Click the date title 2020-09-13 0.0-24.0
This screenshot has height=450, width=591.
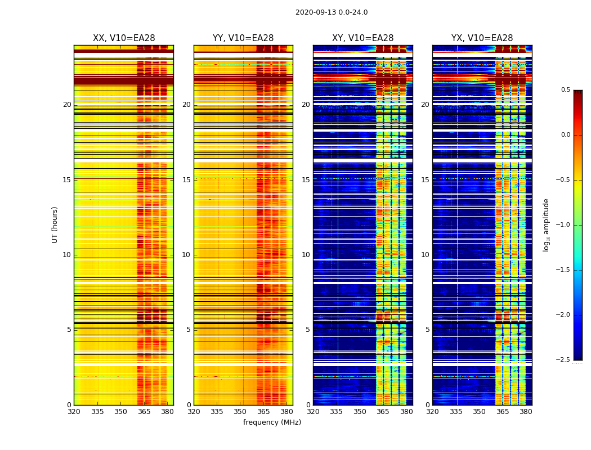click(x=332, y=12)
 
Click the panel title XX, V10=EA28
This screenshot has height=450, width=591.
click(x=124, y=38)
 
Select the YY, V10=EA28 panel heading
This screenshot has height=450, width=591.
click(x=243, y=38)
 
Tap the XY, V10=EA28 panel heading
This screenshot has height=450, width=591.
click(x=362, y=38)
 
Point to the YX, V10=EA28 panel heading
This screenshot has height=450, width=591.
click(x=482, y=38)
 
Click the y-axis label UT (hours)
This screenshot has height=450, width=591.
click(x=55, y=224)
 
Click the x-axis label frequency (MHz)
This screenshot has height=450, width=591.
click(x=272, y=422)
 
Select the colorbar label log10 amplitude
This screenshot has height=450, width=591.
click(x=546, y=224)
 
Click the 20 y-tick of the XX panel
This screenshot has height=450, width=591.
click(x=67, y=105)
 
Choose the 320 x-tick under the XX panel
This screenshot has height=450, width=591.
click(x=74, y=412)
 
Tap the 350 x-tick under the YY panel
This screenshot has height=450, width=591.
click(x=240, y=412)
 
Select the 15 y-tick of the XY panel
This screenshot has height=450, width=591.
click(x=306, y=180)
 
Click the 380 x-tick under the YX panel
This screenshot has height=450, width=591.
click(x=526, y=412)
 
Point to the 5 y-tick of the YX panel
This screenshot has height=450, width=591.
click(x=428, y=330)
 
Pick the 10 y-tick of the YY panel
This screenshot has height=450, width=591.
click(x=186, y=255)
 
